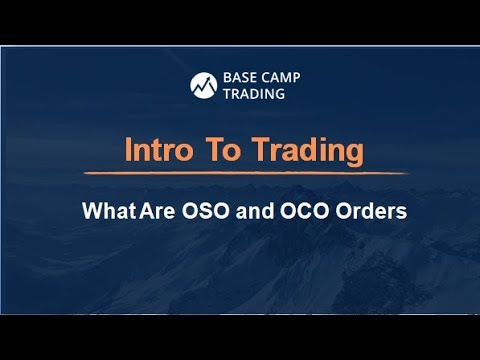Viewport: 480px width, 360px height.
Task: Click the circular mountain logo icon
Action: tap(205, 86)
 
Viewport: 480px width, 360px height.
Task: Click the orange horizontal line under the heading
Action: tap(240, 175)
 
